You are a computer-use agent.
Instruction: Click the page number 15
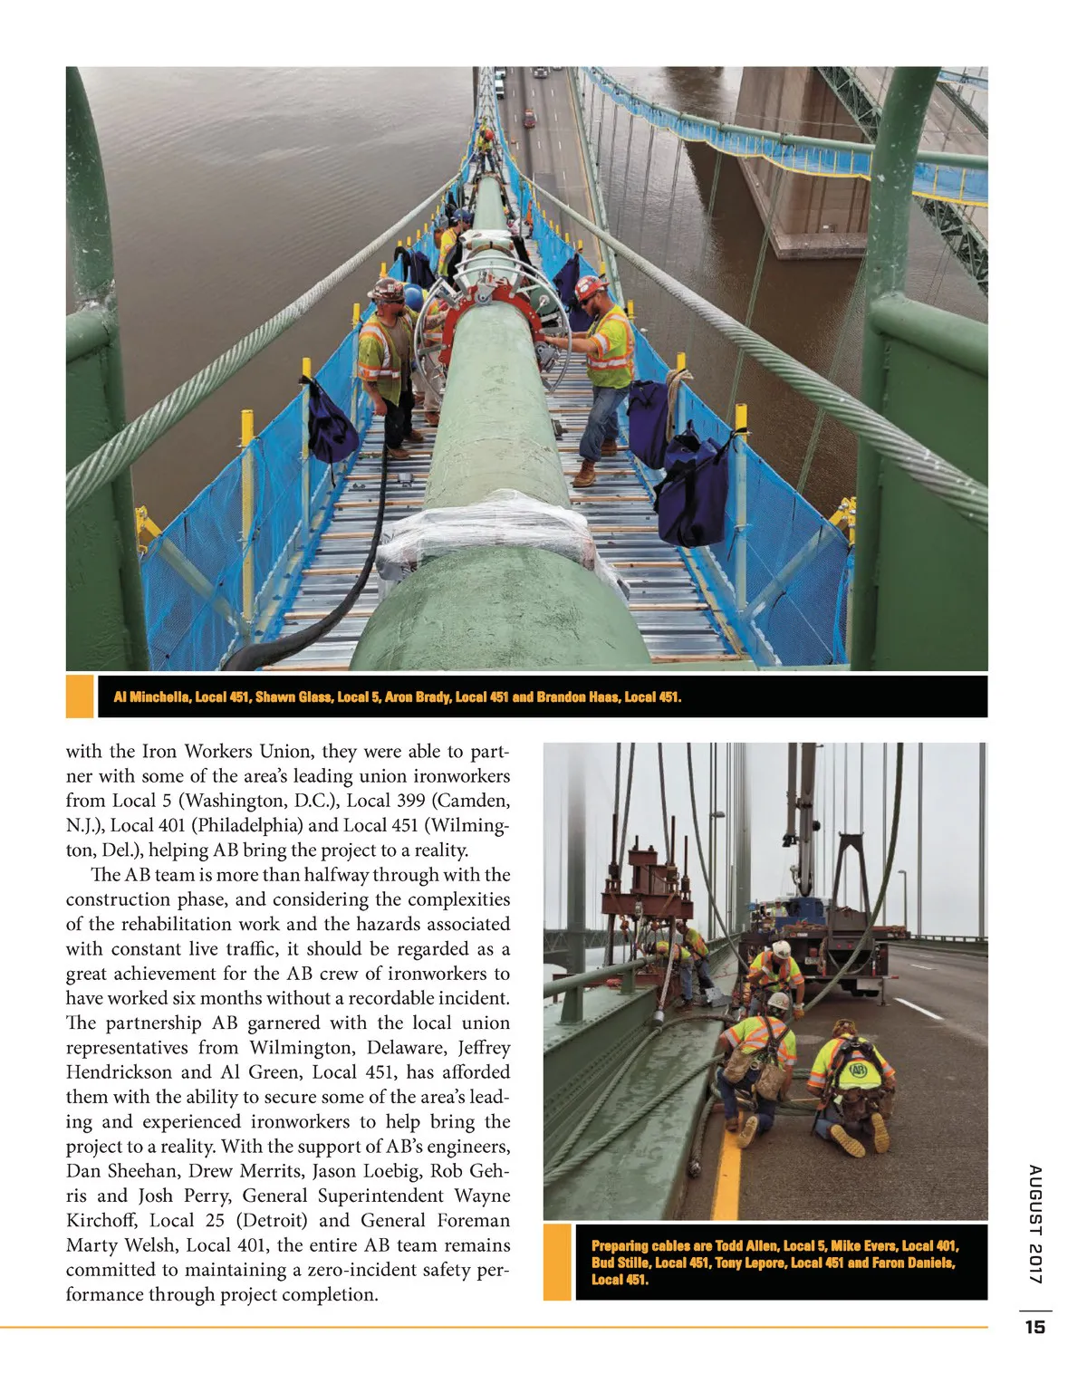[1034, 1327]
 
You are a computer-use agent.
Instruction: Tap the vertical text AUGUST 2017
[1035, 1224]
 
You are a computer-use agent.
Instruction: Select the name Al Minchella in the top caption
[152, 696]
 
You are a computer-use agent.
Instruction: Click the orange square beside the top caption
[81, 696]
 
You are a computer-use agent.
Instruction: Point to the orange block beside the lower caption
[557, 1262]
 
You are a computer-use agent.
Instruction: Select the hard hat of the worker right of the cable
[591, 288]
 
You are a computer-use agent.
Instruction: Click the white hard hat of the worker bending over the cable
[777, 1001]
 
